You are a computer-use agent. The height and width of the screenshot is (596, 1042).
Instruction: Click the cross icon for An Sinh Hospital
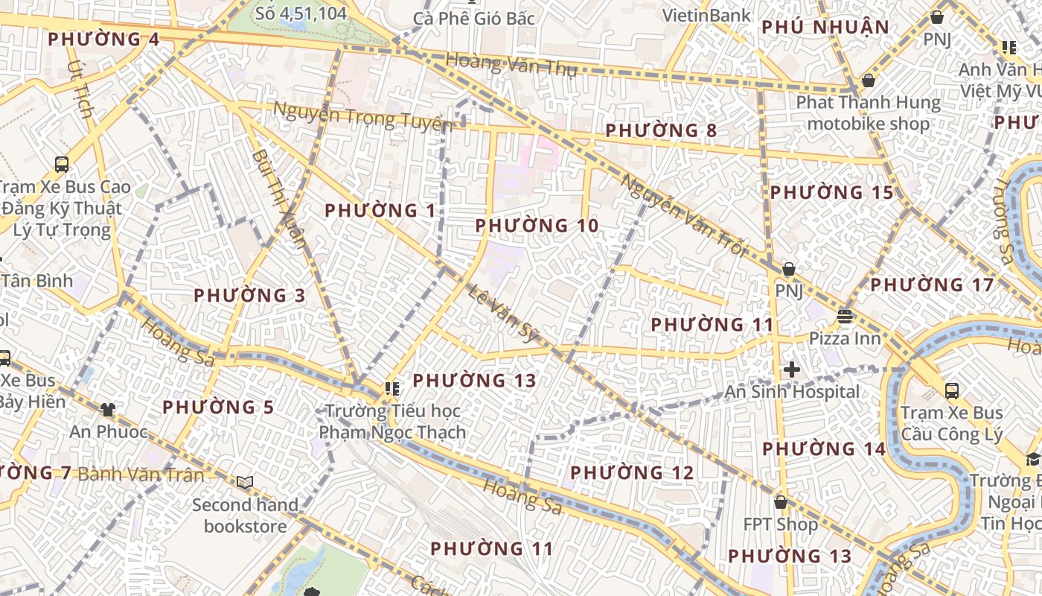792,369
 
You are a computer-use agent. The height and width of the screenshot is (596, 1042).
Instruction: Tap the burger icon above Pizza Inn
844,316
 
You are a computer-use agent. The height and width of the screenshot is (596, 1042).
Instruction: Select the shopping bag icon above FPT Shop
780,502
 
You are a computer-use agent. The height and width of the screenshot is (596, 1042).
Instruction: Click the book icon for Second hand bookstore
245,483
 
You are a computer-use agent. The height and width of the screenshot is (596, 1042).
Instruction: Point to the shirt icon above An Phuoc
108,409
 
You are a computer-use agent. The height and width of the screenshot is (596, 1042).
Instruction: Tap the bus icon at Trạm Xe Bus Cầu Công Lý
951,390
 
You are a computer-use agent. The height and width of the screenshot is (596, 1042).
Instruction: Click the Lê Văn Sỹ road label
504,314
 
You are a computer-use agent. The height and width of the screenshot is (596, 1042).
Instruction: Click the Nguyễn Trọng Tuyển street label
362,117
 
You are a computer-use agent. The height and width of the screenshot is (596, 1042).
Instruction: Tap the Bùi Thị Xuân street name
279,198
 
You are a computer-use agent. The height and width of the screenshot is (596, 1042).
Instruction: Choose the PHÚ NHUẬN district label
825,28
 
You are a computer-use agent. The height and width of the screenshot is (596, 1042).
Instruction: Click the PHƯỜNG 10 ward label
537,225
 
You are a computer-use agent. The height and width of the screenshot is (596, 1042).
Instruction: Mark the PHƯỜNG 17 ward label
932,285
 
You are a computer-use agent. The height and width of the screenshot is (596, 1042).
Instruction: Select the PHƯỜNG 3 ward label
249,295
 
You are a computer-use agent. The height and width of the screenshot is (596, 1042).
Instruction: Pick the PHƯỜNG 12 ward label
632,472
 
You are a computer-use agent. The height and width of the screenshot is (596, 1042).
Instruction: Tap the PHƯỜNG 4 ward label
103,39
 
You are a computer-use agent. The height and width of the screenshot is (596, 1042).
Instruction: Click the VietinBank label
706,15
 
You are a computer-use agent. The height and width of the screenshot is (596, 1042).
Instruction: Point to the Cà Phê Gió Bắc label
474,18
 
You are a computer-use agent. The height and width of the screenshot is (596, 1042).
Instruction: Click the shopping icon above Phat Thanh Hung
868,80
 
